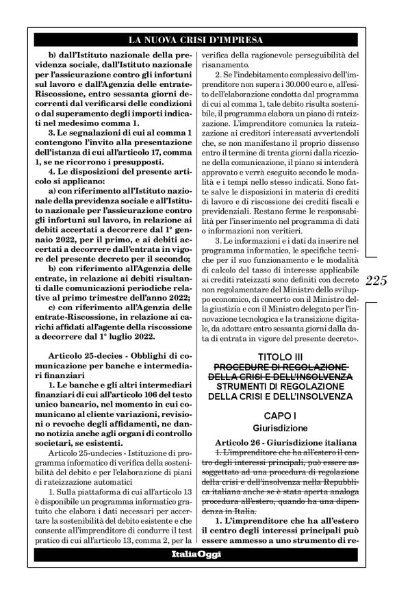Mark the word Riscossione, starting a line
coord(55,98)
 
